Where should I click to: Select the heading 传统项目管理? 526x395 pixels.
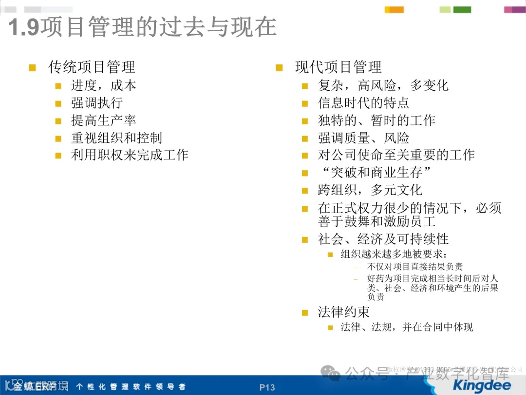92,67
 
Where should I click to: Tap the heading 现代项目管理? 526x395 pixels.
338,67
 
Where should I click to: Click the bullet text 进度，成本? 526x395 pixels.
103,86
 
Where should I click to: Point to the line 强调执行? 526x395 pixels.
96,103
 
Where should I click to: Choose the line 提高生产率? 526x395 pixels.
103,121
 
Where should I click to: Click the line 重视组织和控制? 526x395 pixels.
116,138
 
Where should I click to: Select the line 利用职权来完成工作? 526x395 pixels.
130,156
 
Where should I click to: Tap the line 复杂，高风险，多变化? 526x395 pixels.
383,86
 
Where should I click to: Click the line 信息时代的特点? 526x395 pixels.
363,103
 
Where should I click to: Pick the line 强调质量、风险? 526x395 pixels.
363,138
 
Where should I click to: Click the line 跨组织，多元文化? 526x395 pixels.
370,190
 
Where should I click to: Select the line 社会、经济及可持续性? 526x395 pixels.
383,239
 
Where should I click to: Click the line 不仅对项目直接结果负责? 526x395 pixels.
415,267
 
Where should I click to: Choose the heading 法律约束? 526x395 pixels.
344,312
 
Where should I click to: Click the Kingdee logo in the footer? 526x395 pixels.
482,385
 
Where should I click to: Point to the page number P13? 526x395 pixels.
267,388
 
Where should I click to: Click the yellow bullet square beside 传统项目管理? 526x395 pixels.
33,68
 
